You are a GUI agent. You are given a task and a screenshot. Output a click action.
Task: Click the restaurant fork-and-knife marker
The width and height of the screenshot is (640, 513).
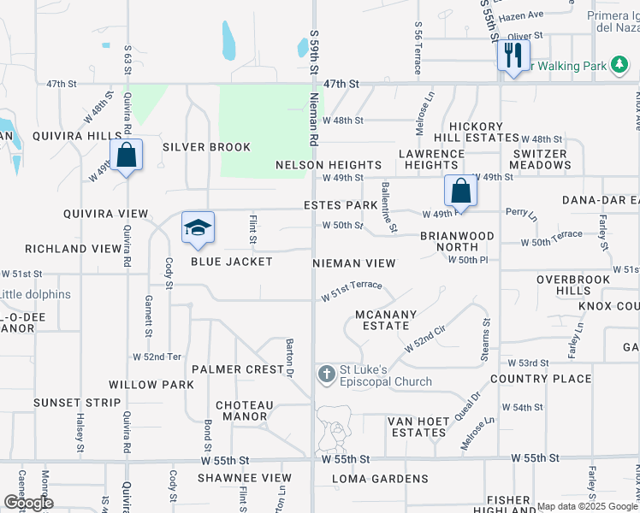click(x=512, y=56)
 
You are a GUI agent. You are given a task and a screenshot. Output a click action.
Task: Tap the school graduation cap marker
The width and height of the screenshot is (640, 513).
click(x=198, y=228)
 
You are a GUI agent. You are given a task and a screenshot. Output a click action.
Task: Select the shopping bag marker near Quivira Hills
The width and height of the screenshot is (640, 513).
click(x=126, y=156)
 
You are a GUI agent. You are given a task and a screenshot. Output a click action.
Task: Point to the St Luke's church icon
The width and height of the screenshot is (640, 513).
click(x=326, y=374)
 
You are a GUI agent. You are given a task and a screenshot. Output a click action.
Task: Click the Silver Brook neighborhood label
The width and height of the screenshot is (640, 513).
click(x=206, y=147)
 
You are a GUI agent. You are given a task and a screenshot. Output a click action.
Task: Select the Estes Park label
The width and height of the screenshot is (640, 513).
click(x=341, y=206)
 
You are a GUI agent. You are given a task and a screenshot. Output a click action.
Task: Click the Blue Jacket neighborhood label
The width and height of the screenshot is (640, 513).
click(x=231, y=262)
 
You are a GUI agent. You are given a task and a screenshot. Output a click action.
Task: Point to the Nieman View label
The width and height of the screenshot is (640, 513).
click(x=354, y=263)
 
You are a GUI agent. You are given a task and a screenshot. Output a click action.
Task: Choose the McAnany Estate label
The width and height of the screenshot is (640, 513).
click(x=386, y=320)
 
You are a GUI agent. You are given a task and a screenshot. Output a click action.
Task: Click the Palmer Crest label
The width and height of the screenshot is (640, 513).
click(x=238, y=369)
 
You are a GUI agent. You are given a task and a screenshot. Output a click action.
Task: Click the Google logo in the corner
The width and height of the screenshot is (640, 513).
click(x=27, y=503)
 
